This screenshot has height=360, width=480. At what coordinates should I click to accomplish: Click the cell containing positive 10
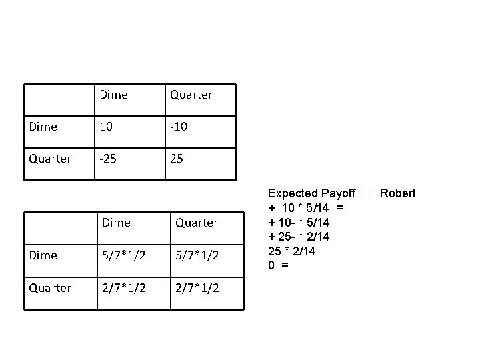tap(107, 127)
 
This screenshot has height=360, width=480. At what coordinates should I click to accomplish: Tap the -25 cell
tap(109, 159)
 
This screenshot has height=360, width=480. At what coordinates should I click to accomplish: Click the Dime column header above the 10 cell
tap(113, 95)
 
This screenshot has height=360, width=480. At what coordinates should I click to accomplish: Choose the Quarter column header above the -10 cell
tap(191, 95)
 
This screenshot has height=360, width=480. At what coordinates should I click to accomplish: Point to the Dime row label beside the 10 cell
tap(43, 127)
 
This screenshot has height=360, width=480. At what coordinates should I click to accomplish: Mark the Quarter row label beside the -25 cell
tap(50, 159)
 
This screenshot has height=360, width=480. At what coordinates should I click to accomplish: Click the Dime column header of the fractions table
tap(116, 223)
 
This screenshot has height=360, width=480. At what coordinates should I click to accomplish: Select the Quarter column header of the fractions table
tap(196, 223)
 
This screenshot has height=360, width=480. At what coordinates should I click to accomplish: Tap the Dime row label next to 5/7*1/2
tap(43, 255)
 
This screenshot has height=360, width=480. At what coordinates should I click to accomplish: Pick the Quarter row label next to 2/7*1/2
tap(50, 288)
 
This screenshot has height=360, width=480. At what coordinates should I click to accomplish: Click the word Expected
tap(293, 193)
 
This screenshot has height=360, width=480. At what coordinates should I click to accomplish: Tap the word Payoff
tap(338, 193)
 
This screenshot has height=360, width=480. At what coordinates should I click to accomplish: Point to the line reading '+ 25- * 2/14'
tap(298, 237)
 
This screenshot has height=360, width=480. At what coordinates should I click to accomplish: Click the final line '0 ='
tap(278, 265)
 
